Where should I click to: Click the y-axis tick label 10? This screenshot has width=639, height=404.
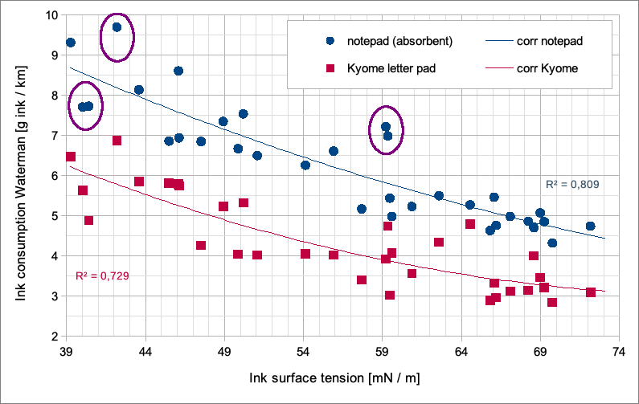point(51,15)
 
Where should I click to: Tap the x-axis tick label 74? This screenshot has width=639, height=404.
point(619,353)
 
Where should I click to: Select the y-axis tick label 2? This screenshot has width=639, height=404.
point(55,337)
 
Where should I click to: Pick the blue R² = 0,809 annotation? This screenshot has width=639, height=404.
point(571,185)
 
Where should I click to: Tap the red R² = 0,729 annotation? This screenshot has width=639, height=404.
point(102,275)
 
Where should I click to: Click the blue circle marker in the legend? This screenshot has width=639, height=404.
point(330,40)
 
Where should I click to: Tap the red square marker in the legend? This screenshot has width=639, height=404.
point(330,69)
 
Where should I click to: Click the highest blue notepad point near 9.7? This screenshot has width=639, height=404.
point(117,27)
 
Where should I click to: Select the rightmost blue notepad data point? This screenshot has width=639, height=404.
point(591,226)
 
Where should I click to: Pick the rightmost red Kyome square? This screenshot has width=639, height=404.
point(591,292)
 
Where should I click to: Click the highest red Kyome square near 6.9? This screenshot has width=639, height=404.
point(117,141)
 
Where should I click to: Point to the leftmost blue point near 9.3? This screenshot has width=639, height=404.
point(71,43)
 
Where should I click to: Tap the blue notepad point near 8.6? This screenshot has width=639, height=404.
point(178,71)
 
